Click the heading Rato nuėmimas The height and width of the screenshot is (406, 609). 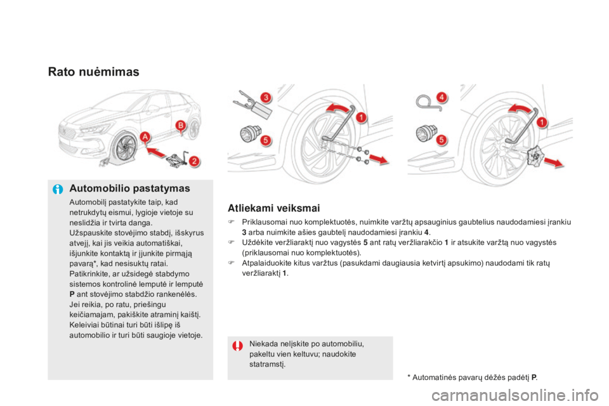94,72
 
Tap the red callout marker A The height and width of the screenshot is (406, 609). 145,137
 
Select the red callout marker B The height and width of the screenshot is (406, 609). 180,126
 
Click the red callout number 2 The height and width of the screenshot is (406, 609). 194,161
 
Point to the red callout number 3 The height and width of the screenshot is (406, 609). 266,98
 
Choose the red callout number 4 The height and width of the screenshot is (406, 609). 442,97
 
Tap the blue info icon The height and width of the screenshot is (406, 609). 58,190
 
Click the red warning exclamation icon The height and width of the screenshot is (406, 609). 238,345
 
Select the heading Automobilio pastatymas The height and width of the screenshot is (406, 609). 129,188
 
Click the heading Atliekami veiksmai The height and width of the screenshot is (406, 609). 274,208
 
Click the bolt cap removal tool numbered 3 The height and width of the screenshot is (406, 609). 253,104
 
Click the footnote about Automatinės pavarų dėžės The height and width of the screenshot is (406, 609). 473,377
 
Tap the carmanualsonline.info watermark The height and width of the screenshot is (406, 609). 515,395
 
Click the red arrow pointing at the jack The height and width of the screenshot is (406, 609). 156,153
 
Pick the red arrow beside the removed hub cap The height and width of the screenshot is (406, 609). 554,162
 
